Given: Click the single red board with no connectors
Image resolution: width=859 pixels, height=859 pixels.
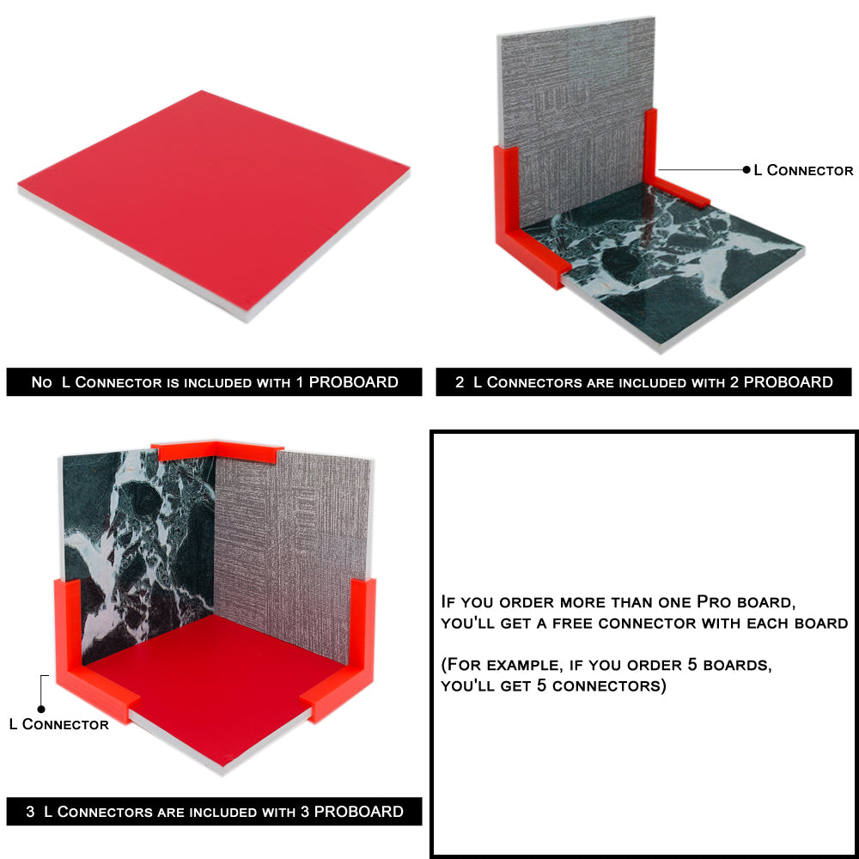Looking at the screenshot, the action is [x=214, y=205].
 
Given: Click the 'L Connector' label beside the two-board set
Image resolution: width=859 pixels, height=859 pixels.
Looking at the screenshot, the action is [x=803, y=170].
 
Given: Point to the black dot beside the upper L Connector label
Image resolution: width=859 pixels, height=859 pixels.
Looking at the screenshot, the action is [x=746, y=170].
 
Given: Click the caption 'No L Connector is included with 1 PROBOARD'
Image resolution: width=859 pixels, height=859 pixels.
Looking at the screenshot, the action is [x=214, y=382].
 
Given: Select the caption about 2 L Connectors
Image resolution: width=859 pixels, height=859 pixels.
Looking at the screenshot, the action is [x=643, y=382].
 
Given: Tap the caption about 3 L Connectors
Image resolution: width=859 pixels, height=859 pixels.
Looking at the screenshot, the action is [x=214, y=812].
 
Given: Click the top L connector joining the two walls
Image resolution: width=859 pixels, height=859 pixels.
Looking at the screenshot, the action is [x=216, y=450].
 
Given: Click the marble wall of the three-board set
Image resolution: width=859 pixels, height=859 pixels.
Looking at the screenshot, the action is [x=137, y=553].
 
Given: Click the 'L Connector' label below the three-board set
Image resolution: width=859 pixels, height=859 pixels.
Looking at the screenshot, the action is [x=59, y=724].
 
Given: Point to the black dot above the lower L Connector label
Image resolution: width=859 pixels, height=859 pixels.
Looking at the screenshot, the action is [x=41, y=710].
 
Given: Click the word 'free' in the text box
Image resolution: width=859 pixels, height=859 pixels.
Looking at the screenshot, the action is [x=571, y=624].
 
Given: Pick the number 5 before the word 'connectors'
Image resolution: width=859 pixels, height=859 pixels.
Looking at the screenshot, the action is [x=541, y=685].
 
